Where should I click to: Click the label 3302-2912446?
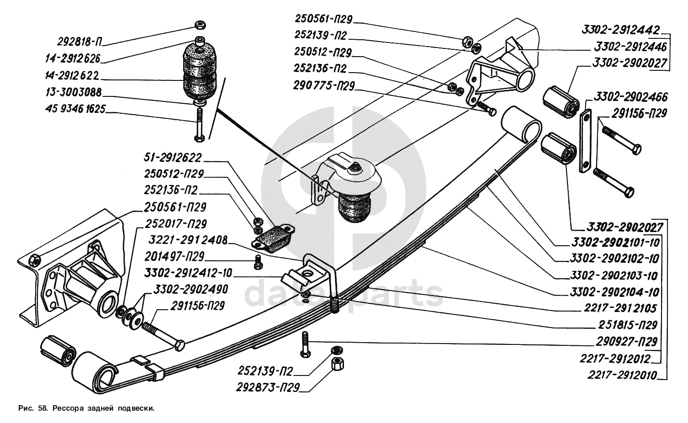(630, 47)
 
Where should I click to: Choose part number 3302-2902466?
(630, 97)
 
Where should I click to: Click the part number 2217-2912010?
(622, 375)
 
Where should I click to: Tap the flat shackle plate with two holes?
(585, 141)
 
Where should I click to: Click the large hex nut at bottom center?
(337, 364)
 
